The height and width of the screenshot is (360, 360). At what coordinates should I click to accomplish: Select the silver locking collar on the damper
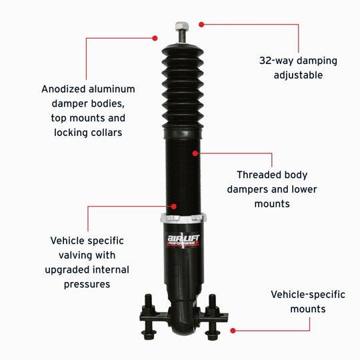(x=183, y=219)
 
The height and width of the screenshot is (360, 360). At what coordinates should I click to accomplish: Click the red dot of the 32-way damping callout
(x=201, y=24)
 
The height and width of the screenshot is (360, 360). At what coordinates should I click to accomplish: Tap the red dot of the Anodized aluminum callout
(x=155, y=37)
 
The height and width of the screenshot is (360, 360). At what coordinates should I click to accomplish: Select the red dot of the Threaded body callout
(x=195, y=153)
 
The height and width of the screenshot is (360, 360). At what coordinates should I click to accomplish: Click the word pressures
(x=87, y=285)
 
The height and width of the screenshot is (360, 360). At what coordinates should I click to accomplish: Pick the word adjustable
(x=298, y=75)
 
